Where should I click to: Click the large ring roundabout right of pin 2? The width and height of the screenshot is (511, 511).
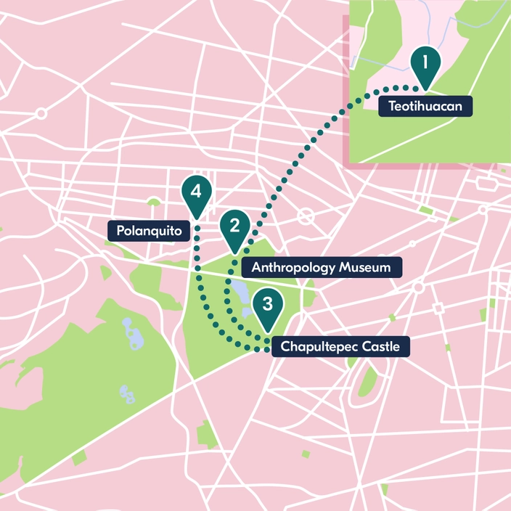point(306,216)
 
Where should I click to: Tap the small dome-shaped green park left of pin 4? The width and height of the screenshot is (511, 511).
point(153,201)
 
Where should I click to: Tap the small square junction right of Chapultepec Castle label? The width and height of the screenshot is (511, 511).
point(437,308)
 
